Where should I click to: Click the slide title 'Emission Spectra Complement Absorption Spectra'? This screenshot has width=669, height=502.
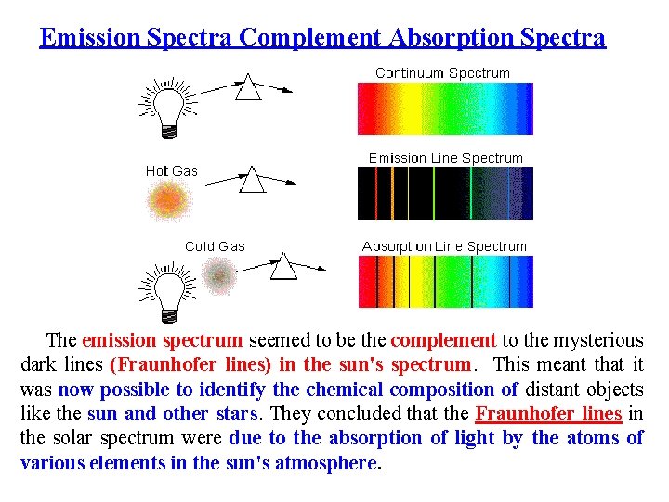[322, 38]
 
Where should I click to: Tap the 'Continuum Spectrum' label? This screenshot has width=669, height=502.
[442, 73]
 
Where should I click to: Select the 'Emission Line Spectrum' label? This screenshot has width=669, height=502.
[445, 158]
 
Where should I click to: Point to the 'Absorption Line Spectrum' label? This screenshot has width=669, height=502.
[444, 246]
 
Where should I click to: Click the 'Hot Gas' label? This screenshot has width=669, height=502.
[172, 171]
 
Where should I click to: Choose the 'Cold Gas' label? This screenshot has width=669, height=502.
[215, 246]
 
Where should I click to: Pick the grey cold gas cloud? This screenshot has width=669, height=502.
[219, 275]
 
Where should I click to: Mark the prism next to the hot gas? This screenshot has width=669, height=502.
[252, 179]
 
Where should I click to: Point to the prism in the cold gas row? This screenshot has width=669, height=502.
[283, 268]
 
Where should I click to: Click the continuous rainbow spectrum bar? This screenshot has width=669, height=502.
[445, 109]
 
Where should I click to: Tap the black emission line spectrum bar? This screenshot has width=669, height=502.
[445, 194]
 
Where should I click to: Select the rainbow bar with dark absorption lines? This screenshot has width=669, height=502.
[445, 282]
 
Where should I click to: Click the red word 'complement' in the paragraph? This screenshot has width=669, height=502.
[443, 341]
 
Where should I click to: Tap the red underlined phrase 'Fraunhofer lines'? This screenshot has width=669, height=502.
[547, 414]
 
